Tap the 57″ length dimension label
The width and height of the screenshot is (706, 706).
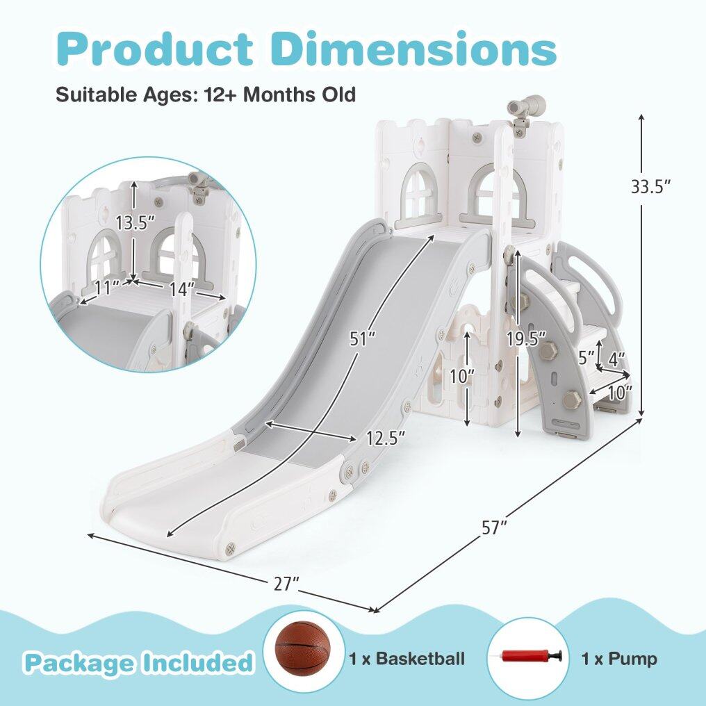tap(494, 527)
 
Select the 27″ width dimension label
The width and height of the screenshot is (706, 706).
tap(286, 584)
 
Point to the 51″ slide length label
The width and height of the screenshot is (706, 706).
tap(363, 339)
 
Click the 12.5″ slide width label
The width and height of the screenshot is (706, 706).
tap(386, 438)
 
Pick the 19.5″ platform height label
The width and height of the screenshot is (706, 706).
tap(526, 338)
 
